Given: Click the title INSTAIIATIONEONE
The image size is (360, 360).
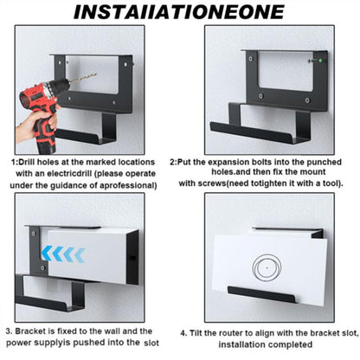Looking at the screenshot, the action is (x=179, y=11).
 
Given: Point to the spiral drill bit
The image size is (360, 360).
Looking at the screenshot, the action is (x=83, y=78).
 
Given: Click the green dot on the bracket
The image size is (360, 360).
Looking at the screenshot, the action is (x=319, y=61).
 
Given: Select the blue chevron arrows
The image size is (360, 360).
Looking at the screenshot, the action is (x=63, y=254).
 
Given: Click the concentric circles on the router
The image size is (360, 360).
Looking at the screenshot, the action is (x=267, y=267).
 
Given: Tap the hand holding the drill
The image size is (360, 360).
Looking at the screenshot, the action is (x=35, y=123).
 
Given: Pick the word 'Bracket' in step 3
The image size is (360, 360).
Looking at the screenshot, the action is (x=31, y=331).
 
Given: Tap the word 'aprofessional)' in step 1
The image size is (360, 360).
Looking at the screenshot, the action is (x=128, y=185).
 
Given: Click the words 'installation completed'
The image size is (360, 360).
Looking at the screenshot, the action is (x=266, y=344).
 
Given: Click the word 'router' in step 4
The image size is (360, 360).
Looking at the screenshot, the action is (x=231, y=333).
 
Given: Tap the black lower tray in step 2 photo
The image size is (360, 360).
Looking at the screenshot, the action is (x=256, y=132).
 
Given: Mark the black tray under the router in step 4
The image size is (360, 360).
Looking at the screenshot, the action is (x=261, y=294).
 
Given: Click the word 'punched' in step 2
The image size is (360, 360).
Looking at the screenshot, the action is (x=324, y=162).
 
